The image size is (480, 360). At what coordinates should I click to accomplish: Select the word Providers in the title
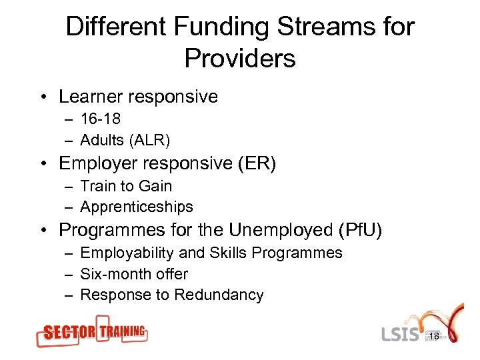pyautogui.click(x=240, y=59)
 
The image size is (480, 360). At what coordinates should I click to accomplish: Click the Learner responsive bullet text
pyautogui.click(x=138, y=97)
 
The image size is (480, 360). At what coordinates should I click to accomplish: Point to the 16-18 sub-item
pyautogui.click(x=100, y=119)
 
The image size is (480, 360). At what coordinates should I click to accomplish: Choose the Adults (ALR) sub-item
pyautogui.click(x=125, y=140)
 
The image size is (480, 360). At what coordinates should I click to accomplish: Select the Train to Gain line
pyautogui.click(x=126, y=186)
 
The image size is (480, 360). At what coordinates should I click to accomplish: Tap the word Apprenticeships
pyautogui.click(x=137, y=207)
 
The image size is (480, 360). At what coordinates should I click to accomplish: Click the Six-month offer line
pyautogui.click(x=134, y=274)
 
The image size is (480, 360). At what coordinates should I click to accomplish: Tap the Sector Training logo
pyautogui.click(x=92, y=332)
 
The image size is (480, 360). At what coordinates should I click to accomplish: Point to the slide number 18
pyautogui.click(x=433, y=337)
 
